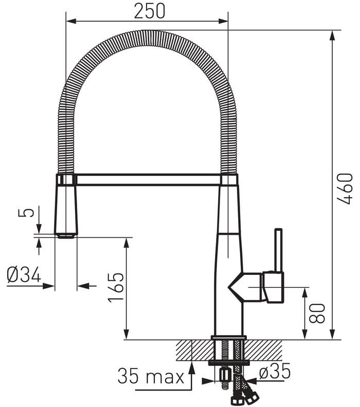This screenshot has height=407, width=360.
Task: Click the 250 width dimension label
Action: point(150,11)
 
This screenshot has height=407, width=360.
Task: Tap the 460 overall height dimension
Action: point(345,189)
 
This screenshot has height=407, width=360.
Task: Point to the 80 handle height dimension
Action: point(318,312)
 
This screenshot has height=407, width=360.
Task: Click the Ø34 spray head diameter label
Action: point(24,275)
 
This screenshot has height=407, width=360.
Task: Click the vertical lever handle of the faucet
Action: point(278,250)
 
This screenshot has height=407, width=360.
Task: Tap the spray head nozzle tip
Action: point(66,236)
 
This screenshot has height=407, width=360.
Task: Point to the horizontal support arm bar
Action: point(149,179)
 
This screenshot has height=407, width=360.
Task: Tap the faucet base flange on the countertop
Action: point(229,338)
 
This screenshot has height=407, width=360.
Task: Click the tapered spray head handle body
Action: point(66,208)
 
